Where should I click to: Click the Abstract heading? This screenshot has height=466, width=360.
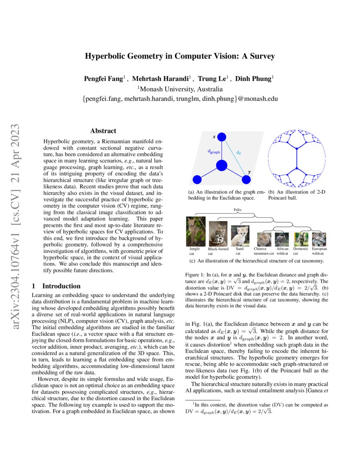click(x=103, y=131)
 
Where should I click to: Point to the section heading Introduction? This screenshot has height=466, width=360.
click(x=61, y=286)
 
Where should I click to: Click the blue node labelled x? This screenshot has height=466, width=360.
click(x=222, y=137)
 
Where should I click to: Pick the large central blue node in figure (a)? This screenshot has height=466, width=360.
click(x=222, y=166)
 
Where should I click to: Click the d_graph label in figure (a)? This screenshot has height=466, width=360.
click(x=213, y=151)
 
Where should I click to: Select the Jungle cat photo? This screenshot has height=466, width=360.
click(x=196, y=231)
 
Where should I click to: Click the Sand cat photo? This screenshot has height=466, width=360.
click(x=240, y=236)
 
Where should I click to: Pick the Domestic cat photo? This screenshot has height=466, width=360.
click(x=301, y=239)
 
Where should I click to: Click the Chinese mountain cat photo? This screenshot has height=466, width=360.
click(x=263, y=239)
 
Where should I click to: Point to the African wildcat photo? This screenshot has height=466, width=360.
click(x=282, y=239)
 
